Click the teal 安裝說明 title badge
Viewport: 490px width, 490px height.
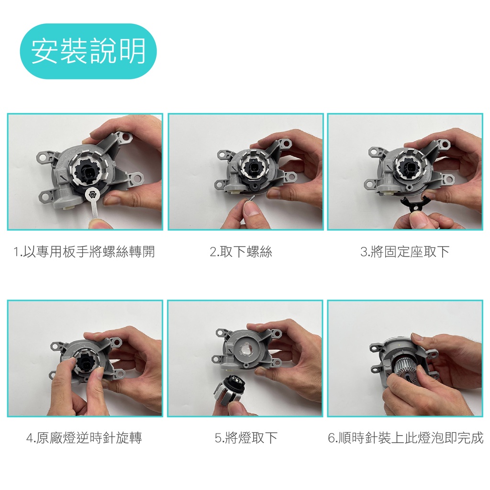[88, 51]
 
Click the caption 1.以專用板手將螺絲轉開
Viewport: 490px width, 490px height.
[84, 252]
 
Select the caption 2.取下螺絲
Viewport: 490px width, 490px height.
[241, 252]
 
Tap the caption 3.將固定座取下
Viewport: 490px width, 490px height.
[405, 252]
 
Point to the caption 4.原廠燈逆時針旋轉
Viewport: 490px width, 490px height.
[84, 438]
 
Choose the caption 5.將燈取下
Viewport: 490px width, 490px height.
[246, 438]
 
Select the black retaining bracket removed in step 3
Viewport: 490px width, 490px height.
[414, 204]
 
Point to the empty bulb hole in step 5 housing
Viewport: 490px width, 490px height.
[246, 349]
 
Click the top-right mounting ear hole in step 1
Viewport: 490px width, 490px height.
[126, 137]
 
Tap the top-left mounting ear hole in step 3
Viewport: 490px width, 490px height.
[373, 152]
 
